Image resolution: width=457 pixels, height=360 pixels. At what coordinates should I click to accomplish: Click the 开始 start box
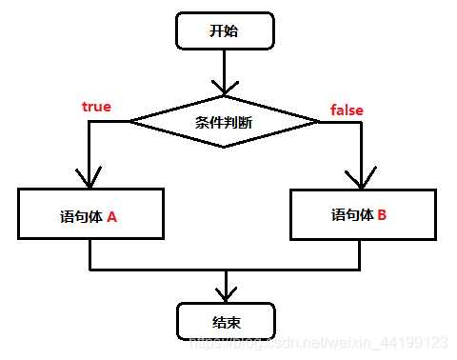coord(224,31)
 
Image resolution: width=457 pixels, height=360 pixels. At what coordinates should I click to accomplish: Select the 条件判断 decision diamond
coord(224,121)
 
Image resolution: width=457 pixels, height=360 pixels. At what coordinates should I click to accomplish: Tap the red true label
coord(96,107)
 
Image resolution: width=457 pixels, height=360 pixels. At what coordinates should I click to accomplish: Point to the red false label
coord(347,110)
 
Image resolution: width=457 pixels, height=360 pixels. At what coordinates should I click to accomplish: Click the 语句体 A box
coord(89,214)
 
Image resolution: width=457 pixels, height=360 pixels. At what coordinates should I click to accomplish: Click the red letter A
coord(111,216)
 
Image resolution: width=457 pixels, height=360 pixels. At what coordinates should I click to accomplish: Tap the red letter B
coord(382,215)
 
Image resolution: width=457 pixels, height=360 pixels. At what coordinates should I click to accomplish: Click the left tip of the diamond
coord(131,121)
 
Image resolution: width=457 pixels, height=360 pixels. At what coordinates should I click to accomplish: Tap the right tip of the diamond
coord(318,121)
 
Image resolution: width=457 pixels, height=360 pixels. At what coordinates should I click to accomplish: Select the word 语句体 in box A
coord(79,216)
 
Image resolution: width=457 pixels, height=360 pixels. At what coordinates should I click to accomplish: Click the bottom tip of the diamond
coord(224,147)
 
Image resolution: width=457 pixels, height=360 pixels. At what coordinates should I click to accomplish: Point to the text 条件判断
coord(224,121)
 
